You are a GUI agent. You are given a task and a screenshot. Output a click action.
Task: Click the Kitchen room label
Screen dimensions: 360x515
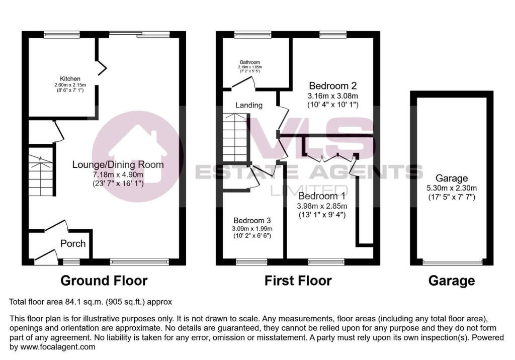(x=70, y=79)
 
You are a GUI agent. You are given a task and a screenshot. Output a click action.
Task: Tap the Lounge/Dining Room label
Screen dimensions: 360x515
(x=118, y=164)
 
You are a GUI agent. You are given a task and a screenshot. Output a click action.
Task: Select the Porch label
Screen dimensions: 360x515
(x=73, y=244)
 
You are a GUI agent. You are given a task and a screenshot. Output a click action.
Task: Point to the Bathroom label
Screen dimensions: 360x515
(x=249, y=62)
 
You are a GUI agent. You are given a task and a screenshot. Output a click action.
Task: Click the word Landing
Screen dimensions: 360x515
(x=249, y=105)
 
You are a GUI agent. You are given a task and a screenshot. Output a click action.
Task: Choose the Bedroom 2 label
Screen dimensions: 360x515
(x=333, y=85)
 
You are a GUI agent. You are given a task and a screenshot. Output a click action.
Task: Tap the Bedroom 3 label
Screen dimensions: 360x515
(x=251, y=220)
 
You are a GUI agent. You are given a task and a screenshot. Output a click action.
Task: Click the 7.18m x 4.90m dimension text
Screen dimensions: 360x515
(x=118, y=174)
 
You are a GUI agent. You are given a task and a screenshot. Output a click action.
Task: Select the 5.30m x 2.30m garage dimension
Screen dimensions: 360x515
(x=452, y=188)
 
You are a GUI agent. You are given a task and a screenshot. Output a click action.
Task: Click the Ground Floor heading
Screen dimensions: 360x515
(x=104, y=281)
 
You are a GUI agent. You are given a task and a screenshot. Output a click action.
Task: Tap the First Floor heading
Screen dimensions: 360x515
(x=298, y=281)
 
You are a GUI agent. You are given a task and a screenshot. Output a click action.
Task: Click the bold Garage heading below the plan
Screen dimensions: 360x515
(x=452, y=281)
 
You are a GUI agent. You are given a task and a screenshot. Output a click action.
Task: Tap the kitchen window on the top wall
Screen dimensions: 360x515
(x=58, y=35)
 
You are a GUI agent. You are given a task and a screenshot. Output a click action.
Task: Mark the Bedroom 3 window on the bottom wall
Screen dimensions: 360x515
(x=251, y=261)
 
